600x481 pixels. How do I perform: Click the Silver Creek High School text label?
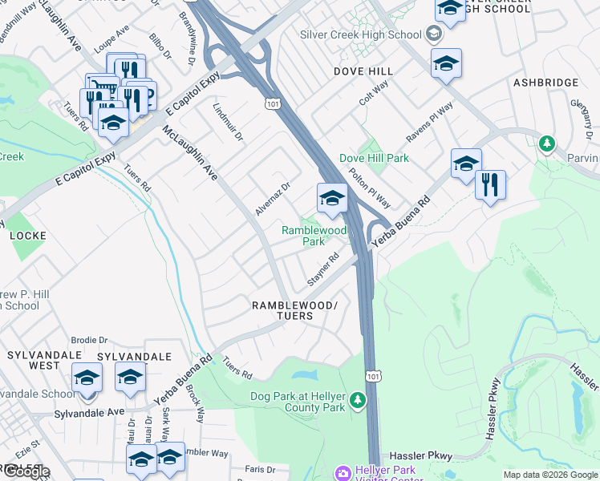[360, 34]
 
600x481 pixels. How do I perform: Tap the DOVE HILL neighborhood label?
[363, 71]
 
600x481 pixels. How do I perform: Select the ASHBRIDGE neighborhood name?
[545, 83]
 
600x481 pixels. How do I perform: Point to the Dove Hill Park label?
[374, 158]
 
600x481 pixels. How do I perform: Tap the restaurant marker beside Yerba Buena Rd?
[490, 184]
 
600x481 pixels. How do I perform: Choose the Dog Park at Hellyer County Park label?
[297, 402]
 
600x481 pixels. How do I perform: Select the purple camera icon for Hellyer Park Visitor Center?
[343, 474]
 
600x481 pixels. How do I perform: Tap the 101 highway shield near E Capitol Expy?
[273, 103]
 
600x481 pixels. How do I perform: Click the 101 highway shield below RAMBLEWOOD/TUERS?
[372, 375]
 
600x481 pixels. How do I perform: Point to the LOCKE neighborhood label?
[27, 236]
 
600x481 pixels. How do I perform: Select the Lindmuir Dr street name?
[228, 122]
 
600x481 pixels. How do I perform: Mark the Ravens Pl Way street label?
[429, 123]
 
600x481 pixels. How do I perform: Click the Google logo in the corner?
[26, 471]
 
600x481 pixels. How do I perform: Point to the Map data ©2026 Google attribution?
[550, 475]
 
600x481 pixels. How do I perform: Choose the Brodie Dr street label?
[89, 340]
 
